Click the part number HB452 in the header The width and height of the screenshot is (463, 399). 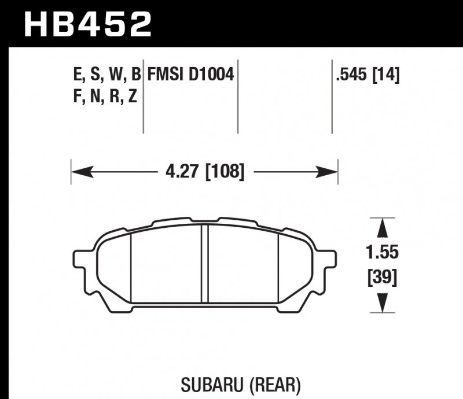pyautogui.click(x=87, y=23)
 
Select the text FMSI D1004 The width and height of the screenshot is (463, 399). pyautogui.click(x=190, y=75)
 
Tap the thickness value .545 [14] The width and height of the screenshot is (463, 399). pyautogui.click(x=367, y=75)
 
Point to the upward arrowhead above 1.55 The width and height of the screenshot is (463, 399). pyautogui.click(x=382, y=226)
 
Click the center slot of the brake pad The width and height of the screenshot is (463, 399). pyautogui.click(x=204, y=263)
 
